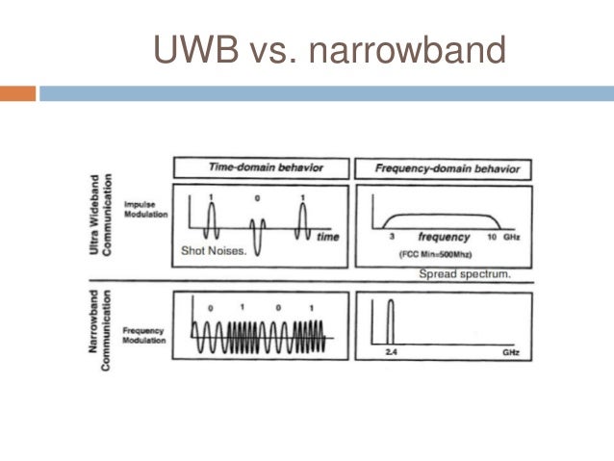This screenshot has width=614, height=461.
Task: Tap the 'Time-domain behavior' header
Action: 265,167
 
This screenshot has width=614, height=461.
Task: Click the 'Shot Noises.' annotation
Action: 214,252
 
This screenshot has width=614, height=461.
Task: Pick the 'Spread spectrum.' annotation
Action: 465,274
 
